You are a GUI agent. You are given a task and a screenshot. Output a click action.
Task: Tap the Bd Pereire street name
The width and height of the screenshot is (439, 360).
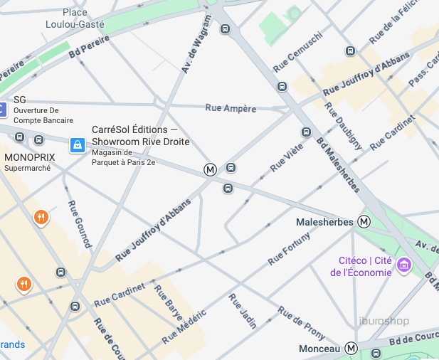[x=91, y=46]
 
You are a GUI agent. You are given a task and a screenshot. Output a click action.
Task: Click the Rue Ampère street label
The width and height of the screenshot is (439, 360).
[x=231, y=108]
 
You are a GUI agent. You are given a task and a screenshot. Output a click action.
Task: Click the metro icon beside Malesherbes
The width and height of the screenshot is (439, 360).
[x=364, y=222]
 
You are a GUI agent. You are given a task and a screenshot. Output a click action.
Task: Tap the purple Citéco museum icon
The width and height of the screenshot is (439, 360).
[x=404, y=265]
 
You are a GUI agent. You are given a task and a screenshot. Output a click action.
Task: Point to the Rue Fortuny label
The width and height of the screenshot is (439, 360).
[x=289, y=250]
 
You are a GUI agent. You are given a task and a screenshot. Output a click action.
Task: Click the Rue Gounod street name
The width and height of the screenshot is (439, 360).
[x=80, y=224]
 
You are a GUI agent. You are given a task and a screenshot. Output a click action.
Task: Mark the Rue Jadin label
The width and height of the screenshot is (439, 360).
[x=242, y=311]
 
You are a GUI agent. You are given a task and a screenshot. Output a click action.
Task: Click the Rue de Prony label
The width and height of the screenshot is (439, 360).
[x=301, y=322]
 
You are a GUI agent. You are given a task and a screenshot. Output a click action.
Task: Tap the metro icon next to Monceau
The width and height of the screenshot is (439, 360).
[x=351, y=349]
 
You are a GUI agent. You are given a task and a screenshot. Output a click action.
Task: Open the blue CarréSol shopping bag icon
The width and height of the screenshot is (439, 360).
[x=77, y=146]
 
